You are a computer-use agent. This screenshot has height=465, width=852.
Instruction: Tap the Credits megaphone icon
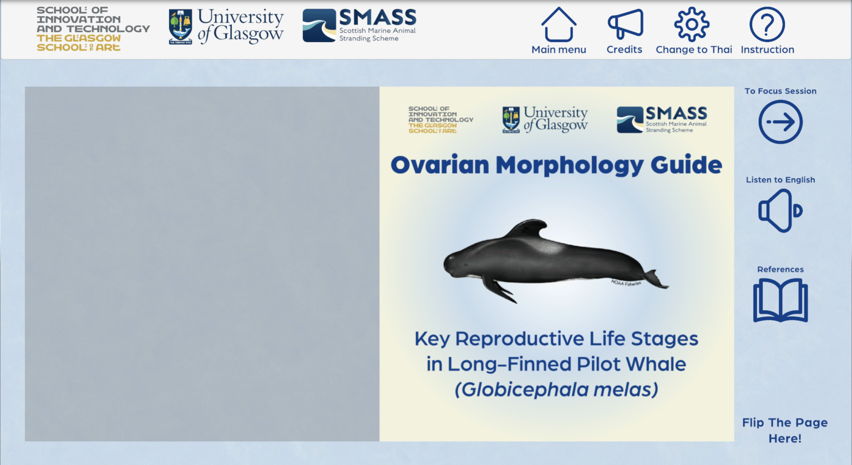[625, 24]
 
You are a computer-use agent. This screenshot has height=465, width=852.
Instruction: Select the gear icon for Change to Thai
[692, 24]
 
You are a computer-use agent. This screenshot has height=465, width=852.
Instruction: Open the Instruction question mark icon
[767, 24]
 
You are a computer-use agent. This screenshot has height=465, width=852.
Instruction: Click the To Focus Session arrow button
[780, 122]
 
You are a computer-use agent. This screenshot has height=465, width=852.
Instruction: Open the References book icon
[780, 301]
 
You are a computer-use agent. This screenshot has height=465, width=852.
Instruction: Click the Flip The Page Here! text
[785, 431]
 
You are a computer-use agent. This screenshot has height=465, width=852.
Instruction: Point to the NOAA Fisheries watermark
[626, 283]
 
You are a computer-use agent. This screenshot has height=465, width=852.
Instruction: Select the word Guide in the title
[686, 165]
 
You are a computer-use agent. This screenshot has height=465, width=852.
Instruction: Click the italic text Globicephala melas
[556, 390]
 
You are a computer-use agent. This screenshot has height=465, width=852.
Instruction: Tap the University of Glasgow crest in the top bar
[180, 27]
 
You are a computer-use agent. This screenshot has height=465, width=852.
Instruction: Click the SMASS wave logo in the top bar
[319, 26]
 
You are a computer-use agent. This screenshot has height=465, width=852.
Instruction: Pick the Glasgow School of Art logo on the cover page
[440, 120]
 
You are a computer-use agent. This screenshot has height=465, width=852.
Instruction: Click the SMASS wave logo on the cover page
[630, 120]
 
